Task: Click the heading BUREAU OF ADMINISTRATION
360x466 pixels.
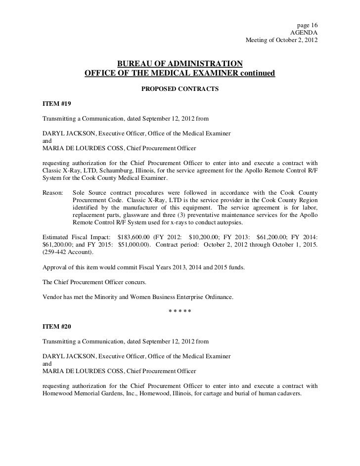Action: (180, 64)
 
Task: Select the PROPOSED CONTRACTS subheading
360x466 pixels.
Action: (180, 90)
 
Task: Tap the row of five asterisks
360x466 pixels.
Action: (180, 311)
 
